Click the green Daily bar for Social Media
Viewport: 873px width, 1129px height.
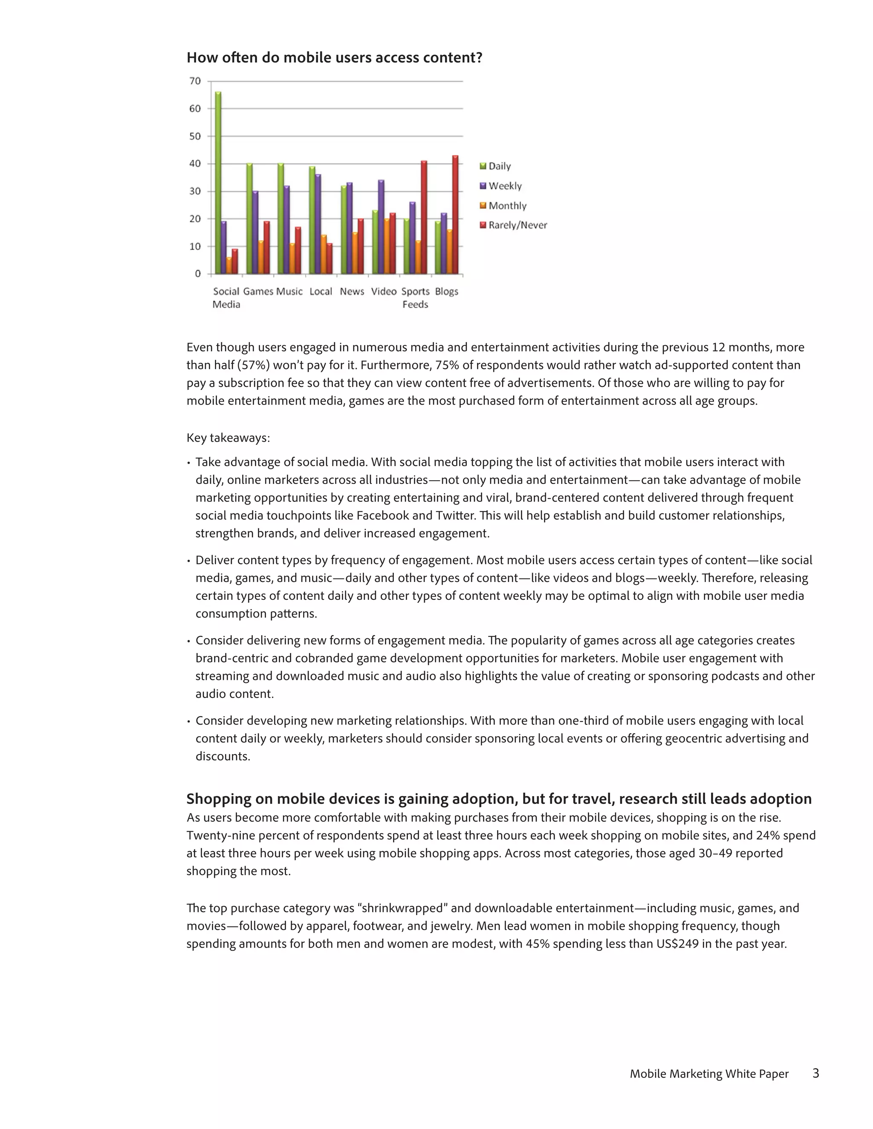point(218,184)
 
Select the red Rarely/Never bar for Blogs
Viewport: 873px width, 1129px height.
point(455,215)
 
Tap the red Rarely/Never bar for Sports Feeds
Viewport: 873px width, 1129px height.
point(424,217)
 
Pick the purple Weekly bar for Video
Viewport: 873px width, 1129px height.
point(381,228)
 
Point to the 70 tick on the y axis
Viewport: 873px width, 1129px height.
point(195,81)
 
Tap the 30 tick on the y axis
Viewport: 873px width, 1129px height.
point(195,191)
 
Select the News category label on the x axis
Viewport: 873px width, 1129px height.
point(352,291)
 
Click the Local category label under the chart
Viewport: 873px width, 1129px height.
point(321,291)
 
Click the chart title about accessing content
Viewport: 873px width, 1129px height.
point(334,58)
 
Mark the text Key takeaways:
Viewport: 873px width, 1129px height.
point(228,438)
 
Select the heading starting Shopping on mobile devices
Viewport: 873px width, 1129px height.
point(499,799)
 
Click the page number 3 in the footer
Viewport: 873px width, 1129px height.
point(815,1073)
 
